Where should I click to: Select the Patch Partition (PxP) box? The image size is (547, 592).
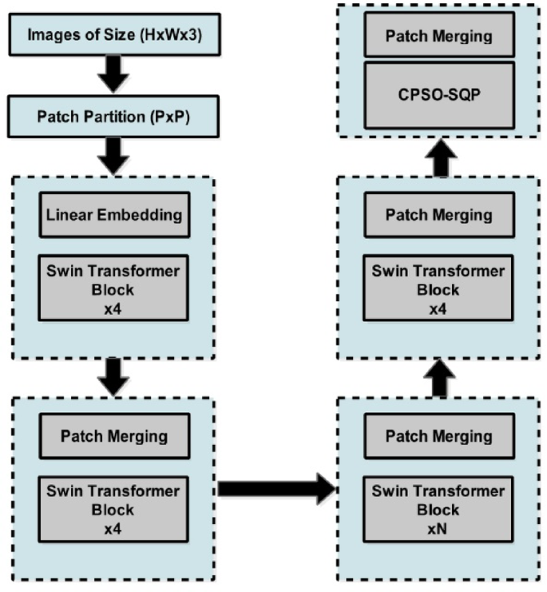[113, 116]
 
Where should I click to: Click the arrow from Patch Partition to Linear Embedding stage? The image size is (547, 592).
[113, 155]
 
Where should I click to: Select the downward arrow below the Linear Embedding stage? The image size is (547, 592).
[113, 375]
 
